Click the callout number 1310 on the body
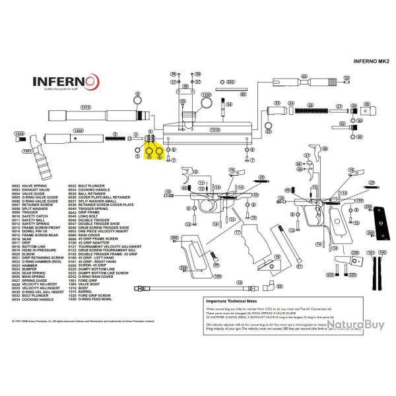coord(214,130)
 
